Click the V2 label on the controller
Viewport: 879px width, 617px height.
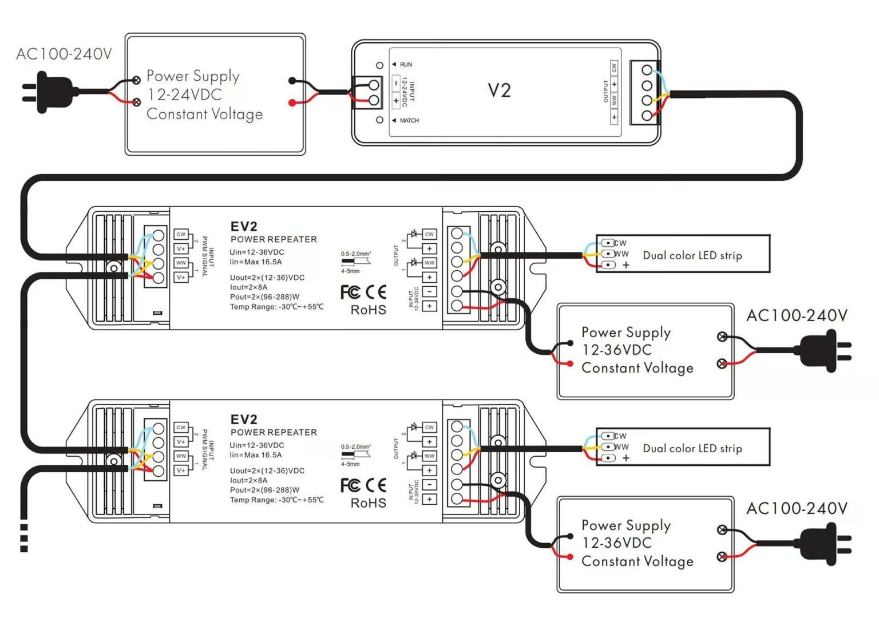499,90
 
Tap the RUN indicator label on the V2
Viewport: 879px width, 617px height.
406,65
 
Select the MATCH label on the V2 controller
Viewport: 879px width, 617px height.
409,121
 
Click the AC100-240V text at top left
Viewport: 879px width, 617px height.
64,54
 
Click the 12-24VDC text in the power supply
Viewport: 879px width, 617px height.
184,95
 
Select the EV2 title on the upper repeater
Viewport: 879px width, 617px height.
244,227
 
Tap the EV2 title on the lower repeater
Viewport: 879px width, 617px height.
244,420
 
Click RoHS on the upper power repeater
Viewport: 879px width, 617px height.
368,310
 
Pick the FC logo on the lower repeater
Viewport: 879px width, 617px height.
350,485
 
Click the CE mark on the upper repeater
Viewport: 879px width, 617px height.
376,292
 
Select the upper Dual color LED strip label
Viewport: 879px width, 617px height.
692,256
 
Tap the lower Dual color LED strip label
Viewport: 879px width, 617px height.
692,449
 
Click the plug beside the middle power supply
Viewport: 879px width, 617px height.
824,351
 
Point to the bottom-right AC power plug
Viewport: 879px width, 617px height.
824,544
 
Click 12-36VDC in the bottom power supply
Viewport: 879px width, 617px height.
616,543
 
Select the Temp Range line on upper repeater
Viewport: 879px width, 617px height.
276,307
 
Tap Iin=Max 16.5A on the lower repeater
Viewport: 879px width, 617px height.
255,455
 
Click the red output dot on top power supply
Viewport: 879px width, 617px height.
292,103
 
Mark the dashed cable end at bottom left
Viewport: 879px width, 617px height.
24,538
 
